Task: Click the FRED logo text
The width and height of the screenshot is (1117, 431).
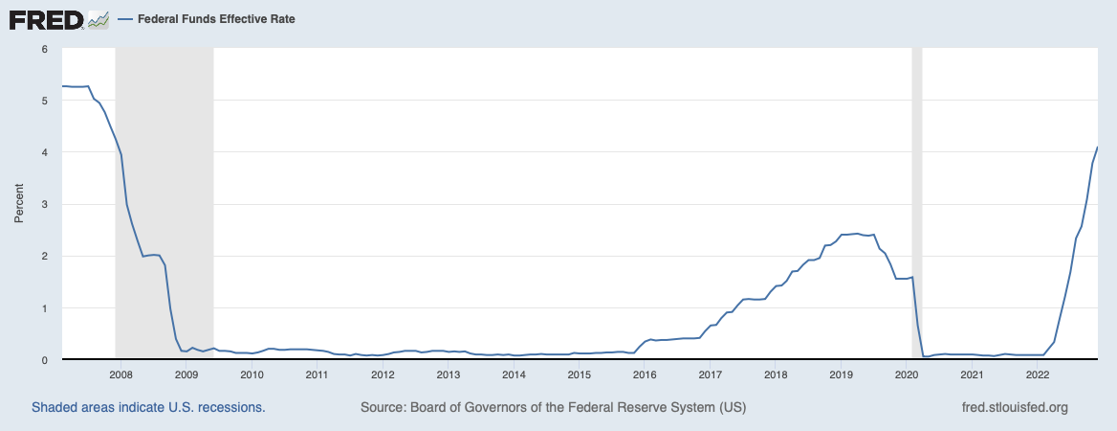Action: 46,19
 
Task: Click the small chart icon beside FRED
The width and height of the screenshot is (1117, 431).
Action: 99,19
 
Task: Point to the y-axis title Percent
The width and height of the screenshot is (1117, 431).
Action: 18,204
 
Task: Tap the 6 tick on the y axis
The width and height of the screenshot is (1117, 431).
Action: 44,48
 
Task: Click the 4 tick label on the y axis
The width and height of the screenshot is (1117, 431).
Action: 44,152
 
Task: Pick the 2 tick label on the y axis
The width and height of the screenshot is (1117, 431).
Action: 44,256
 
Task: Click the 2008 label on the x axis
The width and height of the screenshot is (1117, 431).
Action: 120,374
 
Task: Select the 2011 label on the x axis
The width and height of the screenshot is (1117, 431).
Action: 318,374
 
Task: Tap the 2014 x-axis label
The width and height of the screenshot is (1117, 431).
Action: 514,374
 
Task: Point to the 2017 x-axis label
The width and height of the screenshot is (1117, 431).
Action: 711,374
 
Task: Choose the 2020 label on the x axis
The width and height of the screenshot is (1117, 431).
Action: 907,374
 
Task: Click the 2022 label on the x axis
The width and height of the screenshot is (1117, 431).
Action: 1038,374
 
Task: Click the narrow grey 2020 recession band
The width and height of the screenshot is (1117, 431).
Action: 916,192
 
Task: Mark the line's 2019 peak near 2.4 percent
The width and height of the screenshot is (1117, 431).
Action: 857,234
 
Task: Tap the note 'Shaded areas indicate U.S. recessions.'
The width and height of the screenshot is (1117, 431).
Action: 148,407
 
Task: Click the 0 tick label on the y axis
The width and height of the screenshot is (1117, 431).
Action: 44,360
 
